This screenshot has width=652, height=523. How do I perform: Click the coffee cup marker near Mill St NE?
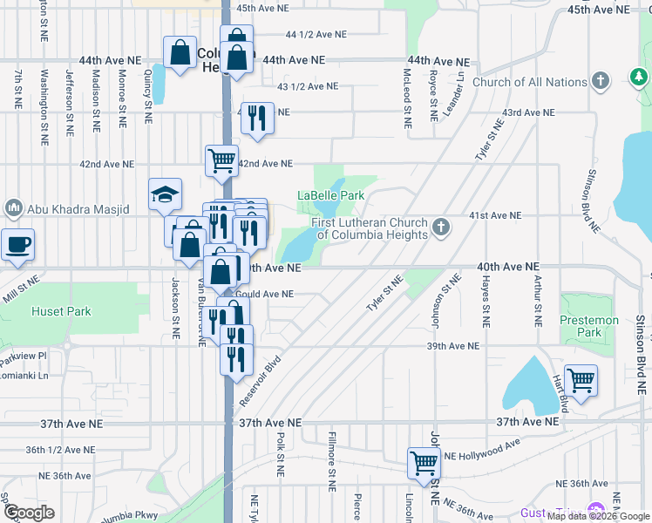pos(17,243)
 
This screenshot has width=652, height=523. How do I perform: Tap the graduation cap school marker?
pos(164,194)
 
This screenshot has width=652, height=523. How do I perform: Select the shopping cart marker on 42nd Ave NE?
pos(221,160)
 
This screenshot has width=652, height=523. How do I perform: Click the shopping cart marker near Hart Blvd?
pos(581,379)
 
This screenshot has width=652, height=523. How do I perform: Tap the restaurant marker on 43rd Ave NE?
pos(257,117)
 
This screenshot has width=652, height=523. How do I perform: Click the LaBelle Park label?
pos(331,196)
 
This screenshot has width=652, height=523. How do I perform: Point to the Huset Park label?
pos(54,310)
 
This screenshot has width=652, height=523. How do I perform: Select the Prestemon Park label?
pos(589,326)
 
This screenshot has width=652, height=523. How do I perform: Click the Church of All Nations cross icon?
pos(600,82)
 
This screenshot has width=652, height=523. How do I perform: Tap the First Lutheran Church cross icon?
pos(441,228)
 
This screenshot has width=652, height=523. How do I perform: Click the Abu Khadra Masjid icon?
pos(13,209)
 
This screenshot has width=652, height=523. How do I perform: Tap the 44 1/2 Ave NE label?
pos(316,36)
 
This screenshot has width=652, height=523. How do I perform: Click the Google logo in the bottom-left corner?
pos(29,513)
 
